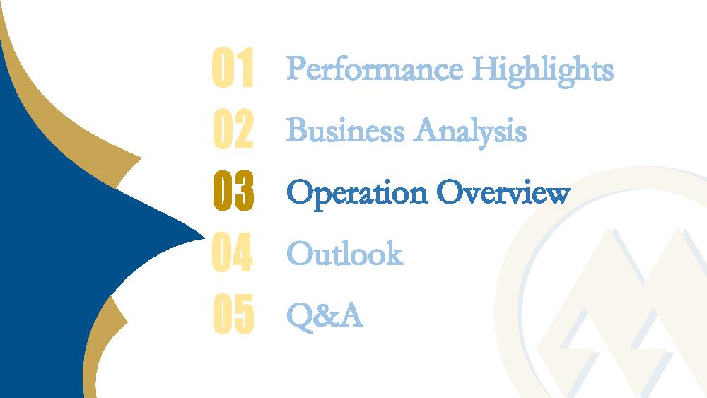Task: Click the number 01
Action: (x=233, y=67)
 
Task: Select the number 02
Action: (x=233, y=129)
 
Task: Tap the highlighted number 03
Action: (x=233, y=190)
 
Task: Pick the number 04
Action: (x=232, y=252)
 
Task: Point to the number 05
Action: (x=233, y=314)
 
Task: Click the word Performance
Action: (x=375, y=69)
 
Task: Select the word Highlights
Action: (x=542, y=71)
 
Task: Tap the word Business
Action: (x=345, y=130)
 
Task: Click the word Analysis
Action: (x=470, y=132)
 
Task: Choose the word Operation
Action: (x=356, y=194)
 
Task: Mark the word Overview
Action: (x=503, y=192)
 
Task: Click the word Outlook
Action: (x=345, y=252)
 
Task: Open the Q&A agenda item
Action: (x=325, y=315)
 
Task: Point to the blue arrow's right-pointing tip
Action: (x=205, y=237)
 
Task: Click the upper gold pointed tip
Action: (x=141, y=158)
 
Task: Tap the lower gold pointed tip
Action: (x=127, y=322)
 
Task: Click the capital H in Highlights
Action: (x=486, y=69)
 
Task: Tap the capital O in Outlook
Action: (x=300, y=253)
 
